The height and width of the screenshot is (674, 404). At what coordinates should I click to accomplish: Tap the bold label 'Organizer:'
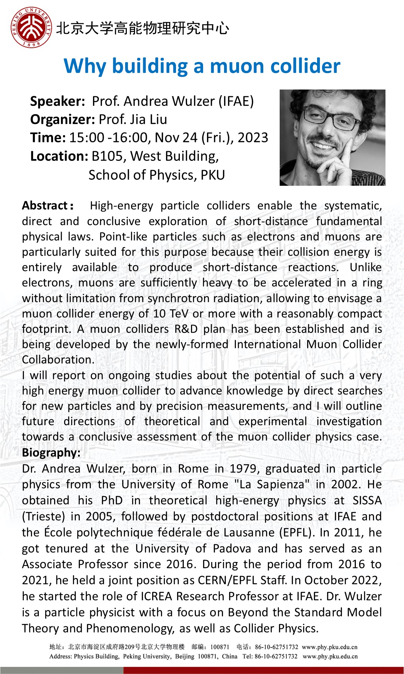pyautogui.click(x=63, y=119)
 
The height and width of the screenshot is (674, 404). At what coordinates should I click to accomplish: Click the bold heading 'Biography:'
pyautogui.click(x=51, y=453)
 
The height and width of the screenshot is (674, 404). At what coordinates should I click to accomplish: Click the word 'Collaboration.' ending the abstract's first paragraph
pyautogui.click(x=58, y=360)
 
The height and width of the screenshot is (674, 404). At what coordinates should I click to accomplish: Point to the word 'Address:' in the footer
pyautogui.click(x=60, y=657)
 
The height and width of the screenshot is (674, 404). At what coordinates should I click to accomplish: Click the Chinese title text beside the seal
pyautogui.click(x=143, y=28)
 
